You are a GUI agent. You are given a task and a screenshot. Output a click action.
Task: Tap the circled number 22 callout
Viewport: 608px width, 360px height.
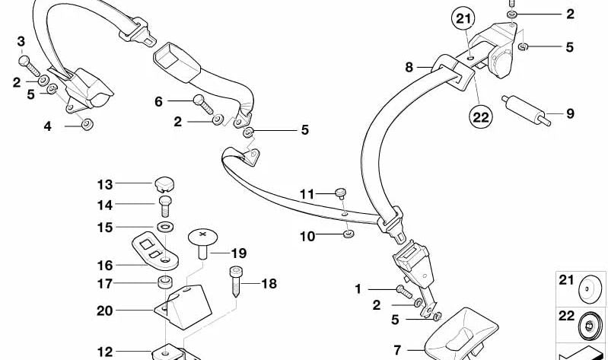pos(482,116)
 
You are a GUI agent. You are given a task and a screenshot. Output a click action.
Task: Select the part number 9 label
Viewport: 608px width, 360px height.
pos(569,115)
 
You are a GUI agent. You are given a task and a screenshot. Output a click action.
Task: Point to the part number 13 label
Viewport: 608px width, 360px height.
pos(104,184)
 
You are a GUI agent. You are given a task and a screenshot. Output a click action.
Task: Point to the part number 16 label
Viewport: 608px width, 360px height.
pos(104,266)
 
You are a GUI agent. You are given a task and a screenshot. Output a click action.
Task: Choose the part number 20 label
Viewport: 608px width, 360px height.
pos(104,311)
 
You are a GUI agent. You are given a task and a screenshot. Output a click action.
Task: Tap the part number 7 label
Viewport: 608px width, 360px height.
pos(396,351)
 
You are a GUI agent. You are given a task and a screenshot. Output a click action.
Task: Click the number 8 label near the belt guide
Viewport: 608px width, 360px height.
pos(409,68)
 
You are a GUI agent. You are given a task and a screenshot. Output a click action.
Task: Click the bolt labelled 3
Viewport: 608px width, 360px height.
pos(24,60)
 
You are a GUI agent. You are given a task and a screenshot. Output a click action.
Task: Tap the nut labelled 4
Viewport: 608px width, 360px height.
pos(86,125)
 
